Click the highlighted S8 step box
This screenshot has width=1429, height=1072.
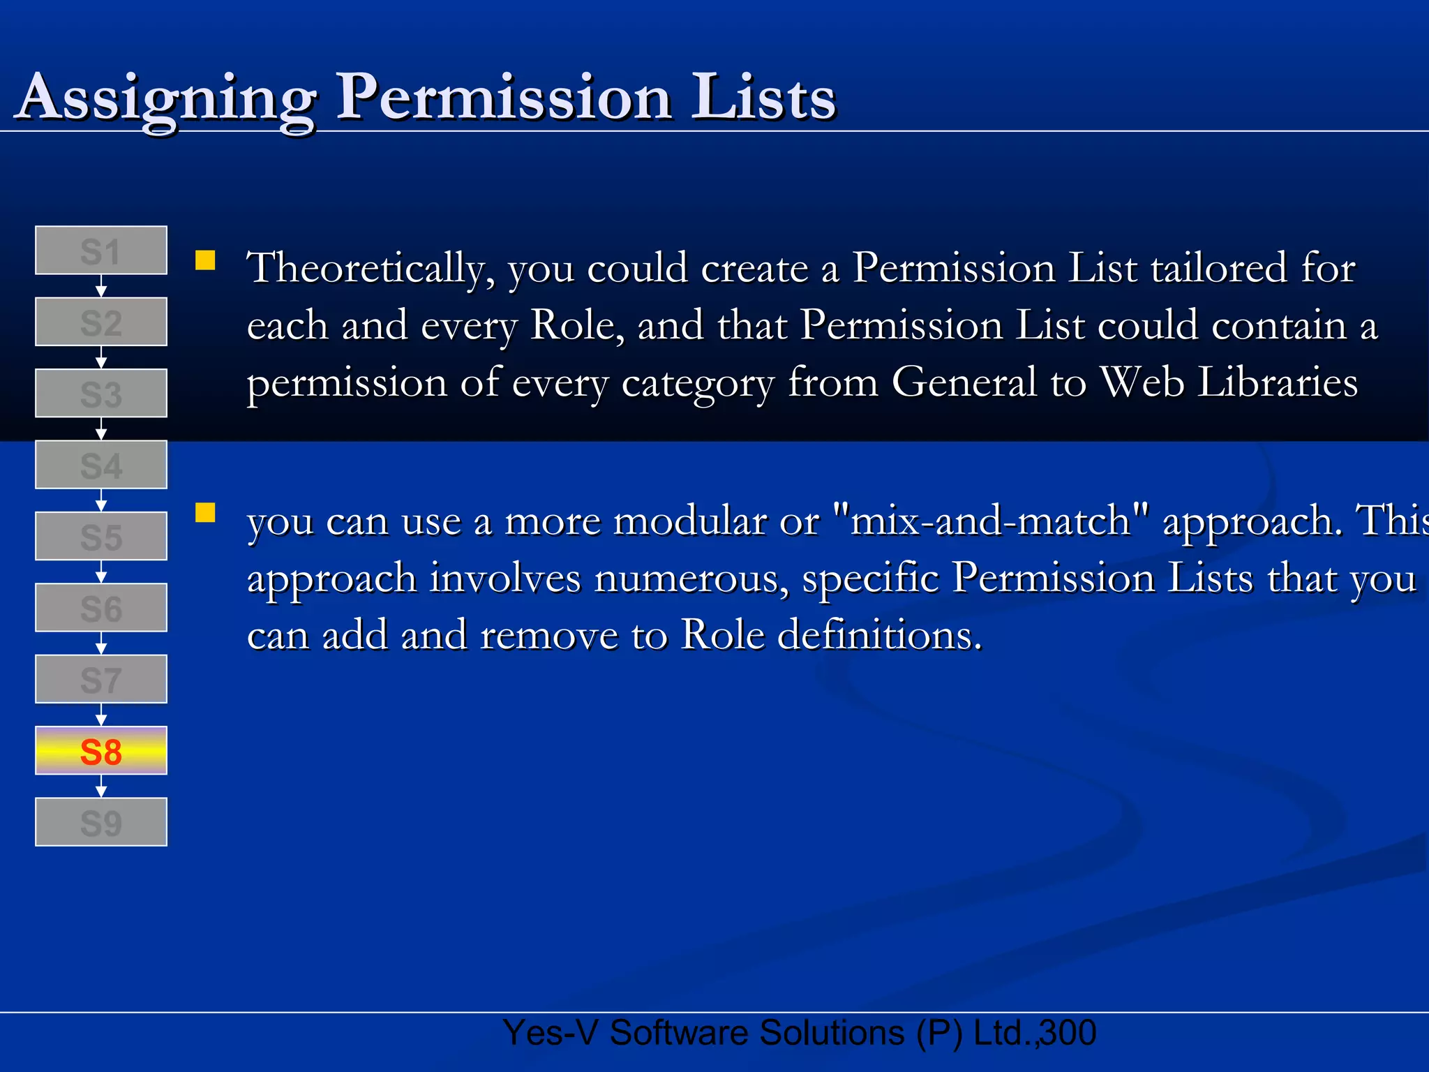101,751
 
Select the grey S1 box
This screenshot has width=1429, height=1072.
101,251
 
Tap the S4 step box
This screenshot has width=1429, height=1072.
101,465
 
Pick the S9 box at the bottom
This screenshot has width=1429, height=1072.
101,822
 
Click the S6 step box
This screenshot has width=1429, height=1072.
101,608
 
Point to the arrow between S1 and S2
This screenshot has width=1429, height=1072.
101,286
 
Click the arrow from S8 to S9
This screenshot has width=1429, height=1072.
101,787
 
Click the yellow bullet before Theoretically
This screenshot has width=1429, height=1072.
205,260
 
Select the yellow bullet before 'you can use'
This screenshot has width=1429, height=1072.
205,513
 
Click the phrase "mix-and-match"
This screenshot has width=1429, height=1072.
991,521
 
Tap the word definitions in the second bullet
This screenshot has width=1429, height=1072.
879,635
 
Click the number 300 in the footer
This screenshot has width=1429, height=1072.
1068,1033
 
